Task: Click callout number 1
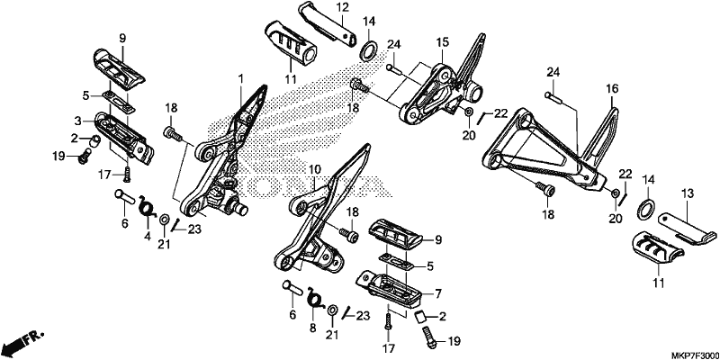click(x=240, y=78)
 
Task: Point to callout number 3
click(x=77, y=121)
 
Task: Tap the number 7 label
click(x=438, y=292)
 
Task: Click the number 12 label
click(x=343, y=7)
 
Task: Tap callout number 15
click(x=442, y=43)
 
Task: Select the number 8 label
click(x=312, y=328)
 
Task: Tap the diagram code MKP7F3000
click(x=694, y=355)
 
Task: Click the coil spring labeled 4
click(x=148, y=209)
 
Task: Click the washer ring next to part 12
click(x=368, y=50)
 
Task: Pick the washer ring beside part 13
click(x=646, y=209)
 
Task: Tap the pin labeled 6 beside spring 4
click(x=124, y=198)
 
